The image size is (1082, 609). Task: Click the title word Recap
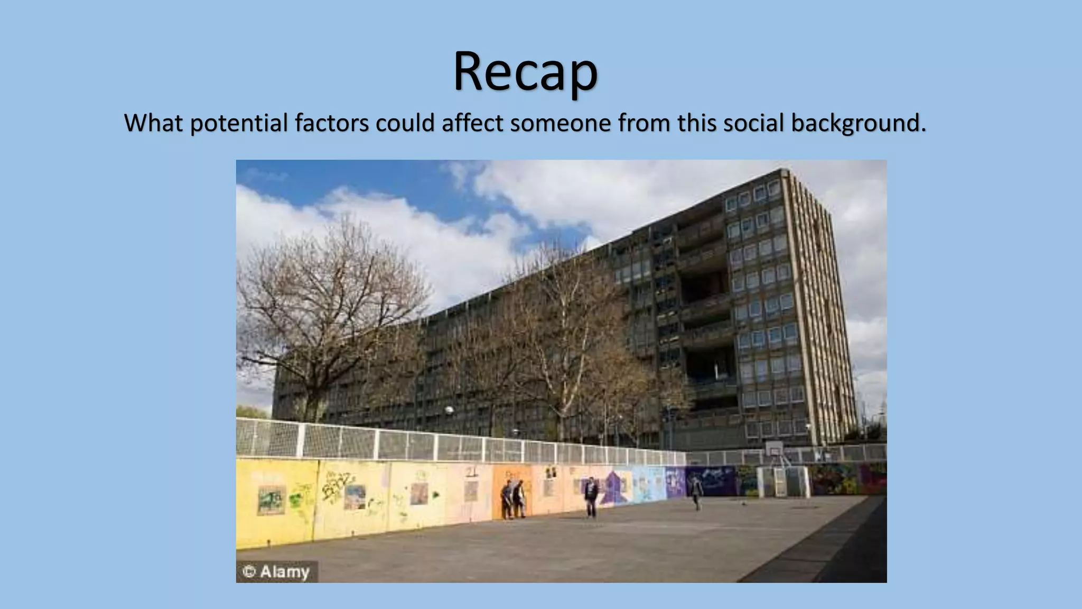click(525, 72)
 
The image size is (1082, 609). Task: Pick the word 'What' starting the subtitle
click(154, 123)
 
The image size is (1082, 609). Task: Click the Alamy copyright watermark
click(276, 571)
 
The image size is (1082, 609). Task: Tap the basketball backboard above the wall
click(774, 449)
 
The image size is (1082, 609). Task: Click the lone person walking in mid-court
click(591, 496)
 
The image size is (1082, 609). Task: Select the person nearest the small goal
click(696, 492)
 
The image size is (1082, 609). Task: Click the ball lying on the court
click(744, 503)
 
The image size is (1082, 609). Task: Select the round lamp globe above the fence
click(449, 410)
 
